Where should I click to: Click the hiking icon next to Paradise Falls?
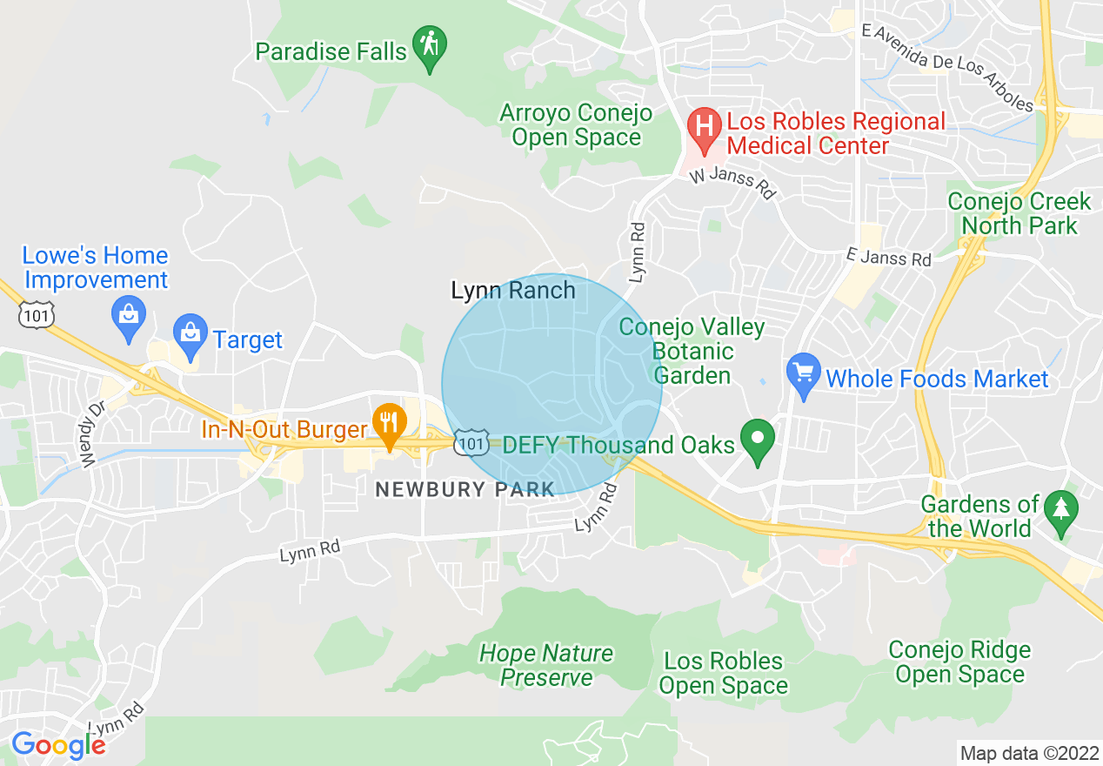tap(429, 44)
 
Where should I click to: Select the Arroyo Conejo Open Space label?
tap(575, 125)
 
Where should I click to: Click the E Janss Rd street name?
tap(888, 259)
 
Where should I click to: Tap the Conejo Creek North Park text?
tap(1019, 213)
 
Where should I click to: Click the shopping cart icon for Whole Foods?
tap(803, 373)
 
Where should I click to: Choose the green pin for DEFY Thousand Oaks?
tap(757, 439)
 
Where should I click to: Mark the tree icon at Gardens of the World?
tap(1060, 509)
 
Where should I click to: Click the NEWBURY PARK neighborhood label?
tap(465, 489)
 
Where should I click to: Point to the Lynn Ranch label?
tap(513, 291)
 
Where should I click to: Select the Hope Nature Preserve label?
tap(546, 665)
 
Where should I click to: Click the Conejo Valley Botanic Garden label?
tap(692, 352)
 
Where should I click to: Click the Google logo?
tap(57, 745)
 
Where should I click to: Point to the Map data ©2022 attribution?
tap(1027, 753)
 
